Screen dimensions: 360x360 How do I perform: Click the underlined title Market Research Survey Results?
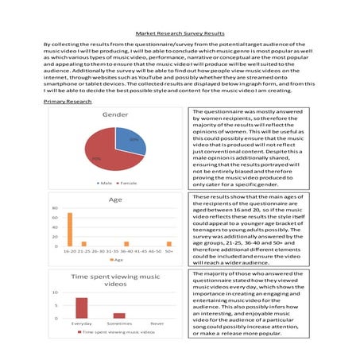tap(180, 36)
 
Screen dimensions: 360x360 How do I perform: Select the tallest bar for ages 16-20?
tap(69, 230)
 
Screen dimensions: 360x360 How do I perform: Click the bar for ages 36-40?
tap(128, 244)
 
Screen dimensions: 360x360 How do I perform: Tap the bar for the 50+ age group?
tap(168, 244)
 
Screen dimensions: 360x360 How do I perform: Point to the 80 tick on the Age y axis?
tap(55, 210)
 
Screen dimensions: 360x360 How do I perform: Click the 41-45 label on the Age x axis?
tap(142, 252)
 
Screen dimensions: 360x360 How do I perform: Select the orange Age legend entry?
tap(115, 260)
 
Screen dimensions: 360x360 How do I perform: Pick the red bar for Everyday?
tap(81, 308)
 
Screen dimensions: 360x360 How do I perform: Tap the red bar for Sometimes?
tap(119, 315)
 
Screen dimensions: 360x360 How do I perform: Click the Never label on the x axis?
tap(157, 323)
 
